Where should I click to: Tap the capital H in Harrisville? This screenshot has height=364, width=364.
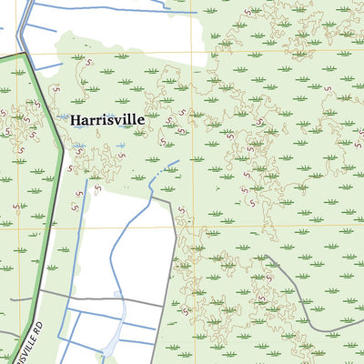76,119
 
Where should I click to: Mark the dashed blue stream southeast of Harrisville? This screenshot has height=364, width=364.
166,169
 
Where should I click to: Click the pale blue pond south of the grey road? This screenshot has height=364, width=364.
110,343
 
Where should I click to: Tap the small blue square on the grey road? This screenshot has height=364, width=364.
116,295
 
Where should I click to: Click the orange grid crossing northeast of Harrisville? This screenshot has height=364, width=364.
191,51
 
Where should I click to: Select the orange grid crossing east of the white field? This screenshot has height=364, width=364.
191,227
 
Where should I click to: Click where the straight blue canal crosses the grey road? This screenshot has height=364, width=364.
64,295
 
